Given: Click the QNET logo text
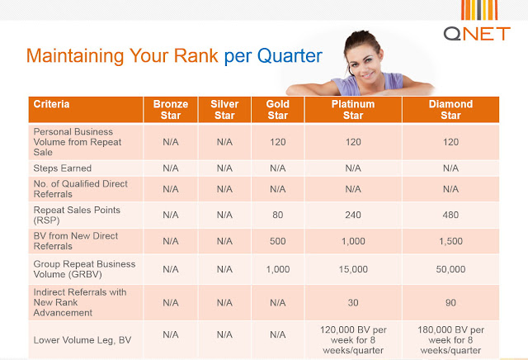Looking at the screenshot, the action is [x=477, y=34].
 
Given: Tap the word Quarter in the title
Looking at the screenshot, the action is [x=290, y=56].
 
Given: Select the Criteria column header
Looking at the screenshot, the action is [x=51, y=104].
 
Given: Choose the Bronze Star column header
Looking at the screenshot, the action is [x=171, y=110].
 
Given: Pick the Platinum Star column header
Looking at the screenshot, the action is [x=353, y=110].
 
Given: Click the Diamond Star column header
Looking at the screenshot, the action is [x=451, y=110].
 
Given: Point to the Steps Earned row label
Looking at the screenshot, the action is [x=63, y=168].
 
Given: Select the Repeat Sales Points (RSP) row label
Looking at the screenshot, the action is [x=77, y=215].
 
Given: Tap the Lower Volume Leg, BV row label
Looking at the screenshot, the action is [x=82, y=340].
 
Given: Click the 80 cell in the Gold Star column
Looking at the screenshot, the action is [x=278, y=215].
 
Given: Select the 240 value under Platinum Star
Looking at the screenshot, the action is [x=353, y=215].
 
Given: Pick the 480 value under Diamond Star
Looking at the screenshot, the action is [x=451, y=215].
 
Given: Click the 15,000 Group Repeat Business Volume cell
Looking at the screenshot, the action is [x=353, y=269].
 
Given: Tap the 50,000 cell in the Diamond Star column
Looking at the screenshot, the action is [x=451, y=269].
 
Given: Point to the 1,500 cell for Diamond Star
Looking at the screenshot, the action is [x=451, y=241].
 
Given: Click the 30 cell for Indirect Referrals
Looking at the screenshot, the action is [x=353, y=303].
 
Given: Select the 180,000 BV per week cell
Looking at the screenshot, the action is [x=451, y=340].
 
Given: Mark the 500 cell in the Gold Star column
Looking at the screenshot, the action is [x=278, y=241].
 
